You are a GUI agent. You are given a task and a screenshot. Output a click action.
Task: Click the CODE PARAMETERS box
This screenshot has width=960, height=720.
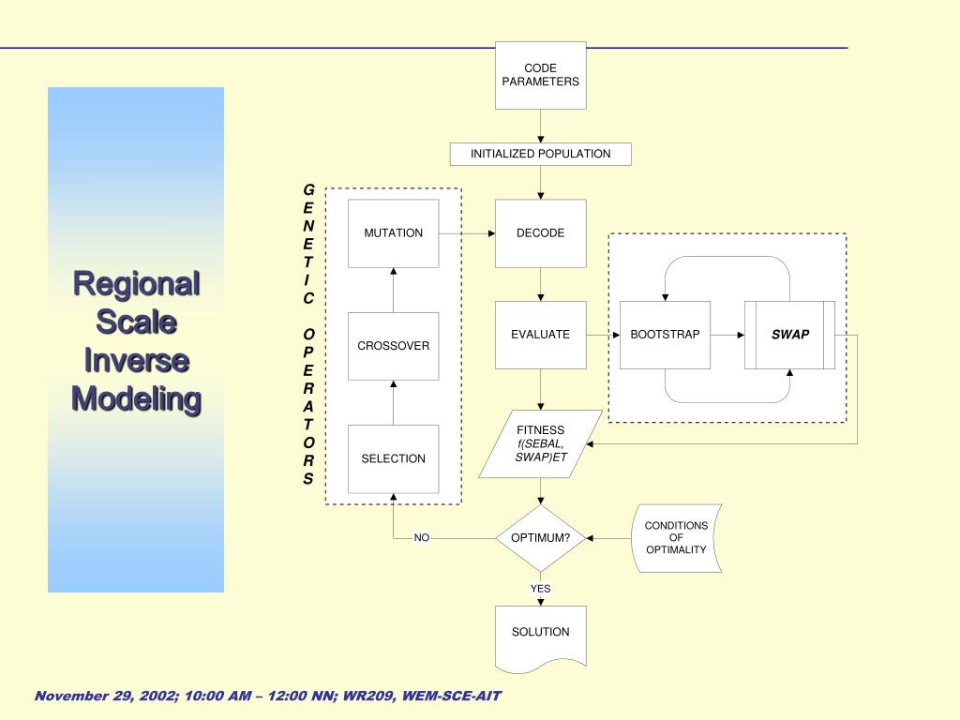coord(540,75)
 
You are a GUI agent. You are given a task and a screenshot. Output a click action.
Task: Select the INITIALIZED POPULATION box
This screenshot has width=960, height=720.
coord(540,154)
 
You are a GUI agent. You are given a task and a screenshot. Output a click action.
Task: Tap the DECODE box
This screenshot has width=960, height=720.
coord(540,233)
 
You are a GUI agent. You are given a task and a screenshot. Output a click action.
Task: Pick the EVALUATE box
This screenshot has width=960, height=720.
coord(540,335)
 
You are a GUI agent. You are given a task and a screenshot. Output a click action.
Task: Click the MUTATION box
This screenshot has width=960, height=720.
coord(393,233)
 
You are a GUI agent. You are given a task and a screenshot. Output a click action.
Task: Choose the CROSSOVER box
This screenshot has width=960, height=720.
coord(393,346)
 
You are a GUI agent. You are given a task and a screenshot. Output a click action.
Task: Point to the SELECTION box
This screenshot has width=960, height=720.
coord(393,458)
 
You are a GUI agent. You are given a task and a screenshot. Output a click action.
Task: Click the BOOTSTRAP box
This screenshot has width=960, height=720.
coord(665,335)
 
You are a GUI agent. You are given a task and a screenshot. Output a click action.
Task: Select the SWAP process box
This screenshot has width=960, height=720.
coord(789,335)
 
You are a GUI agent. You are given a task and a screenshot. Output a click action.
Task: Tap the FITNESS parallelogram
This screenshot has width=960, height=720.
coord(540,444)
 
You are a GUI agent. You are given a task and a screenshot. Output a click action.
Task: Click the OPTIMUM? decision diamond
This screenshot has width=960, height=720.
coord(540,538)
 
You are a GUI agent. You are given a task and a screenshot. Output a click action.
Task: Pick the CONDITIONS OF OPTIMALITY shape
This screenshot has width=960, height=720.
coord(677,538)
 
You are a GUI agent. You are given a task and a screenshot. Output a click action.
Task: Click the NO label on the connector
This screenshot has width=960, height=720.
coord(422,538)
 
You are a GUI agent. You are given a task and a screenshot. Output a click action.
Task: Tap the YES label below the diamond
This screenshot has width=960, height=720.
coord(540,589)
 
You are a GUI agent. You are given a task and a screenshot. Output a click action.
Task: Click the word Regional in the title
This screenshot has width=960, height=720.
coord(137,283)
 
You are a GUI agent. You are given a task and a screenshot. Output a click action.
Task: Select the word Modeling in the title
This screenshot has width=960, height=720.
coord(137,399)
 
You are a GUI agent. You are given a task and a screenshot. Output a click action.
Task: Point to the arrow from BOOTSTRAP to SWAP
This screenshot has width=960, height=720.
coord(727,335)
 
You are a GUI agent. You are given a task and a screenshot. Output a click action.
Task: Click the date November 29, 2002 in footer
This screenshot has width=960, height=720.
coord(102,696)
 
